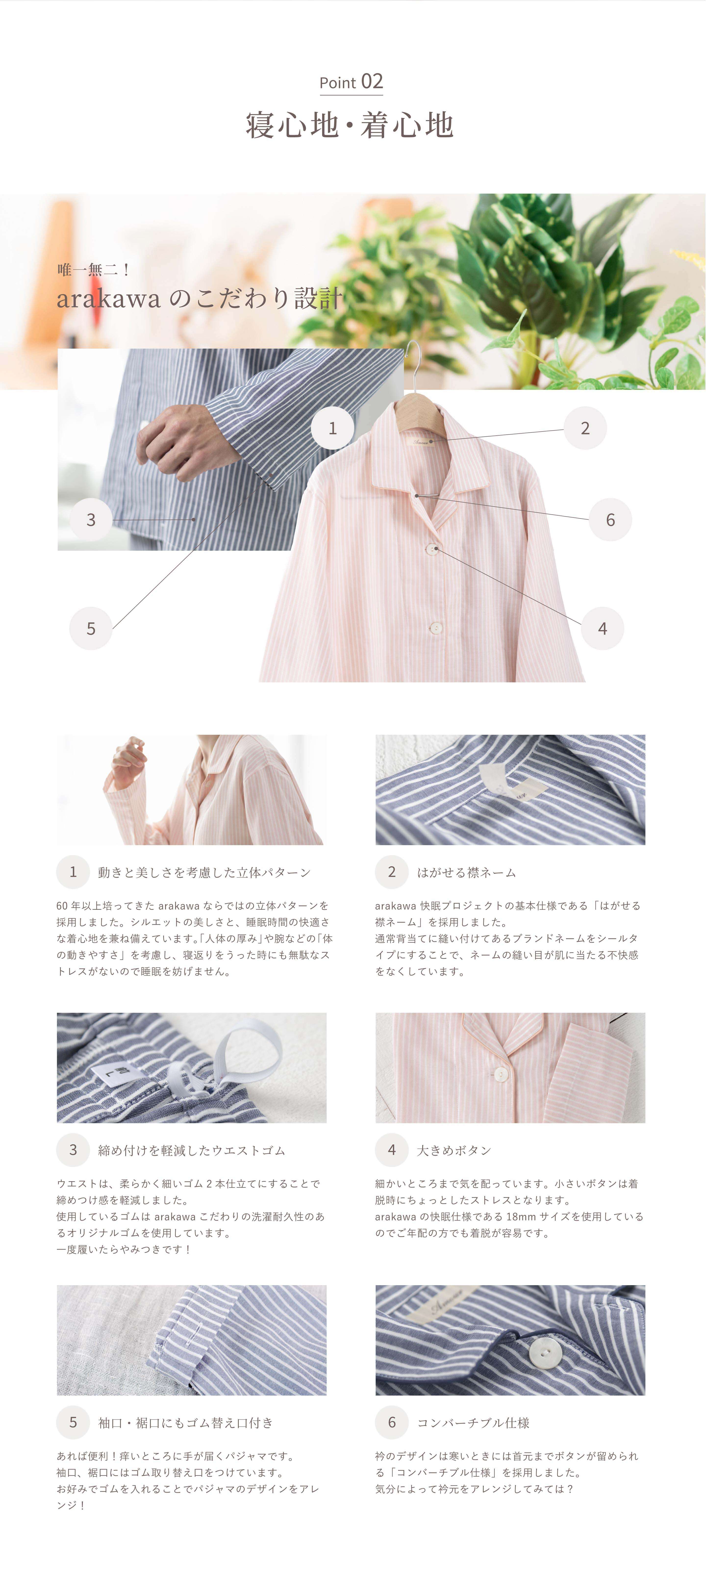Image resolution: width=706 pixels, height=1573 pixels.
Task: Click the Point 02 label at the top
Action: (x=351, y=82)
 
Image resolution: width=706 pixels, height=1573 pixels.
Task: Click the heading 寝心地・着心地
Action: (x=350, y=125)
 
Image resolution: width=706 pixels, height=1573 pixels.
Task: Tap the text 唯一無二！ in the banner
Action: (x=93, y=269)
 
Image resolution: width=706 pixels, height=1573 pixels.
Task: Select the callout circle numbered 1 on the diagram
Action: (x=333, y=428)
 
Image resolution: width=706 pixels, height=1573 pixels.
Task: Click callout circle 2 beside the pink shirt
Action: (x=585, y=428)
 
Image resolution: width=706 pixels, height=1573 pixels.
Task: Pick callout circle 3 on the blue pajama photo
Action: (x=91, y=520)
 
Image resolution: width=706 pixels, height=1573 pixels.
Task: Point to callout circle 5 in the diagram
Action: (x=91, y=628)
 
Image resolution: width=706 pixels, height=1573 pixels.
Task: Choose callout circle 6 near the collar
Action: (x=610, y=520)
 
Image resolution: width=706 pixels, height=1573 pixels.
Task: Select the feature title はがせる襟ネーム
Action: (x=466, y=872)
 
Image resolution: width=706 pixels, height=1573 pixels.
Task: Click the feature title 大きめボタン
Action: (x=454, y=1150)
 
